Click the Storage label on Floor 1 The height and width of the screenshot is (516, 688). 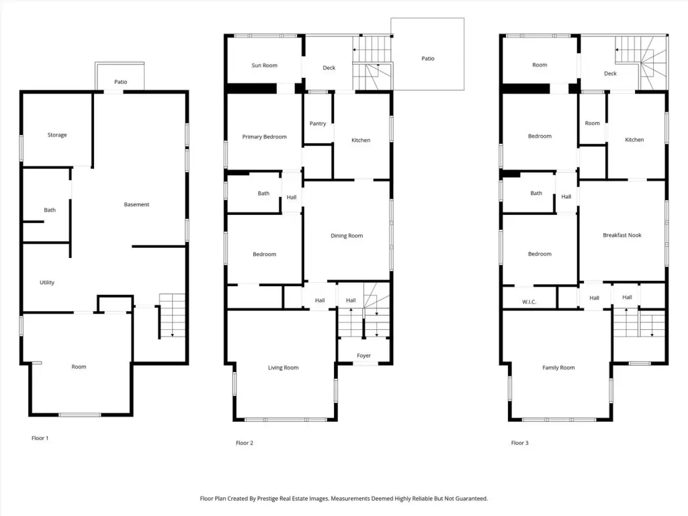point(57,135)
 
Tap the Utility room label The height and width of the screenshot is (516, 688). point(47,283)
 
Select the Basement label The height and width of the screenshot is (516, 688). point(136,204)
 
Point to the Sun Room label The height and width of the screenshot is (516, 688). point(264,65)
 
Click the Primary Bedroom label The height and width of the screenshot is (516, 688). point(264,137)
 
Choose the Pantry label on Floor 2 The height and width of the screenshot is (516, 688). point(318,124)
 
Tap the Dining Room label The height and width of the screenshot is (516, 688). point(347,236)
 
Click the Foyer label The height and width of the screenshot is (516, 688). point(363,356)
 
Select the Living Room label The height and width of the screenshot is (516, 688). point(283,368)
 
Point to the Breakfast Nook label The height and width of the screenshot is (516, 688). point(622,235)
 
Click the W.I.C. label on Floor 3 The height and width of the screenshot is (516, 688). point(529,302)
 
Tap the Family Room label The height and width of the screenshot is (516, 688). point(558,368)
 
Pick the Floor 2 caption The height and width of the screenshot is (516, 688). point(245,443)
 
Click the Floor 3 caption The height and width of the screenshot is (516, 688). point(519,443)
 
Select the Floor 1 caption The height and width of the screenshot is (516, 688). point(40,438)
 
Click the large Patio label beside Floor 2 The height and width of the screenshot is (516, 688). point(428,58)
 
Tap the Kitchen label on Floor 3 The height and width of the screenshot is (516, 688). point(634,140)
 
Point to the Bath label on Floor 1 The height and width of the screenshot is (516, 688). point(50,210)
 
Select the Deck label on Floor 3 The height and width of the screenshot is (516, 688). point(610,73)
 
